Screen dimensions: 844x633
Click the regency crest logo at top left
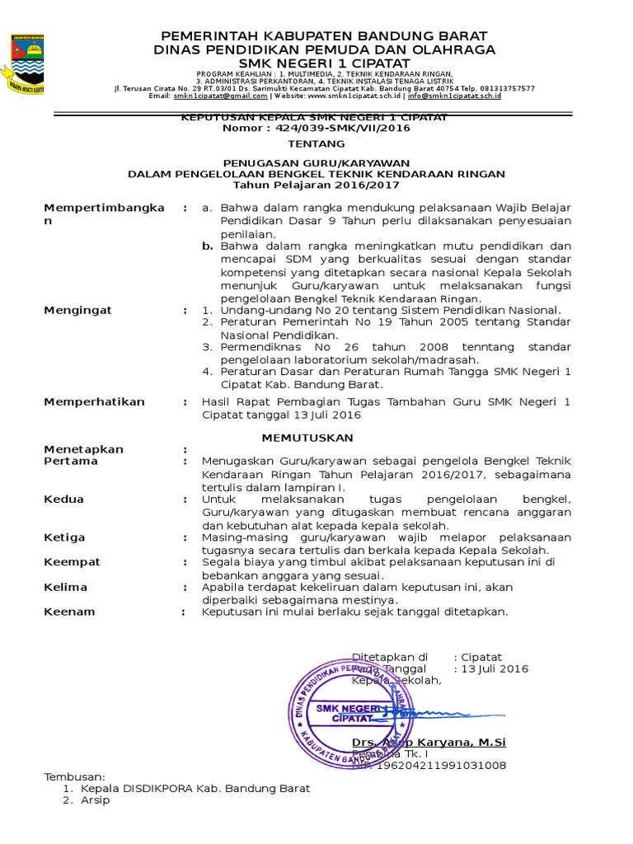[28, 63]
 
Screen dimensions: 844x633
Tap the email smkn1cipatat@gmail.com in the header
[209, 96]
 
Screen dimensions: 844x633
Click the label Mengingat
[77, 310]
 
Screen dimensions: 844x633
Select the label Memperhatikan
[94, 401]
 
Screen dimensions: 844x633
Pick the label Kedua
[63, 499]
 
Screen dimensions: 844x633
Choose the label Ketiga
[64, 537]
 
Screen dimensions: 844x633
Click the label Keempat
[72, 561]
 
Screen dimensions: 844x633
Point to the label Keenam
[69, 612]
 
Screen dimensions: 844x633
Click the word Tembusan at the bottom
[74, 777]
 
